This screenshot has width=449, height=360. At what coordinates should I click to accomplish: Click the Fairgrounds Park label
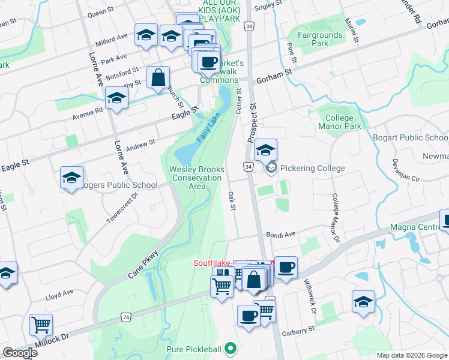coord(320,39)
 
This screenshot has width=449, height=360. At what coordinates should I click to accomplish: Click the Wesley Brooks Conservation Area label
coord(197,178)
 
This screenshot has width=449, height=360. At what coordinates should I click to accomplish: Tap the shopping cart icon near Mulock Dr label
coord(41,325)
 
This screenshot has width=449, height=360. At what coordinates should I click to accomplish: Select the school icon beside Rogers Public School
coord(71,178)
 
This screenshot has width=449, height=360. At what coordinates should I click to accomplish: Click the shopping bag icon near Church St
coord(158,77)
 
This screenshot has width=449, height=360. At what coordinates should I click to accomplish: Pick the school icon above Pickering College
coord(265,150)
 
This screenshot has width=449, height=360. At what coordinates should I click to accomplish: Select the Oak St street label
coord(232,201)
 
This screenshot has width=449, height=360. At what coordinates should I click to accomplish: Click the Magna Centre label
coord(415,227)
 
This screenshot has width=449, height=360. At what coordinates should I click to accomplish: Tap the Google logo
coord(20,353)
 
